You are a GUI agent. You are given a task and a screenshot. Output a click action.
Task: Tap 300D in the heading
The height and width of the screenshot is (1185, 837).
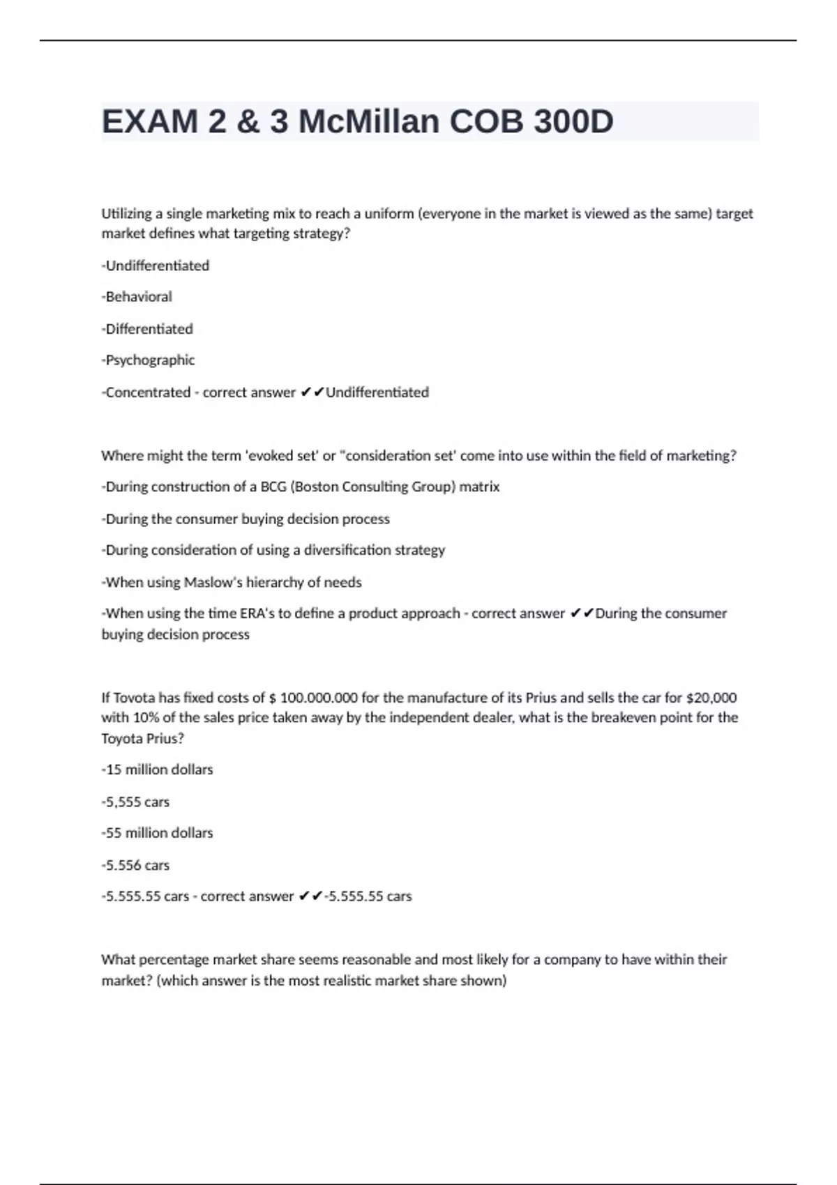click(x=573, y=122)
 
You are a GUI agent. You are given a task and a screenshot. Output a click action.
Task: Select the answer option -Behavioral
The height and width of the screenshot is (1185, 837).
click(x=137, y=297)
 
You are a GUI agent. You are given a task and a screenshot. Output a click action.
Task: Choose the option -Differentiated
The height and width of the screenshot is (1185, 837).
click(x=147, y=329)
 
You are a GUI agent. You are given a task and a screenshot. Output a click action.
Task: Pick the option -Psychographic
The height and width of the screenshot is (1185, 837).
click(x=148, y=360)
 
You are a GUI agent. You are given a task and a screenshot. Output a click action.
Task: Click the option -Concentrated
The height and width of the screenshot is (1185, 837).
click(x=146, y=392)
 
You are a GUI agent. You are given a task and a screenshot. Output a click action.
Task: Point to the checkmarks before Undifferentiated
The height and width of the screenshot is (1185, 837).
click(x=312, y=392)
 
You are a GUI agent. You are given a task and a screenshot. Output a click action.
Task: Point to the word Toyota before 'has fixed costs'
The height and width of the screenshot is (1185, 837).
click(x=134, y=698)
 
